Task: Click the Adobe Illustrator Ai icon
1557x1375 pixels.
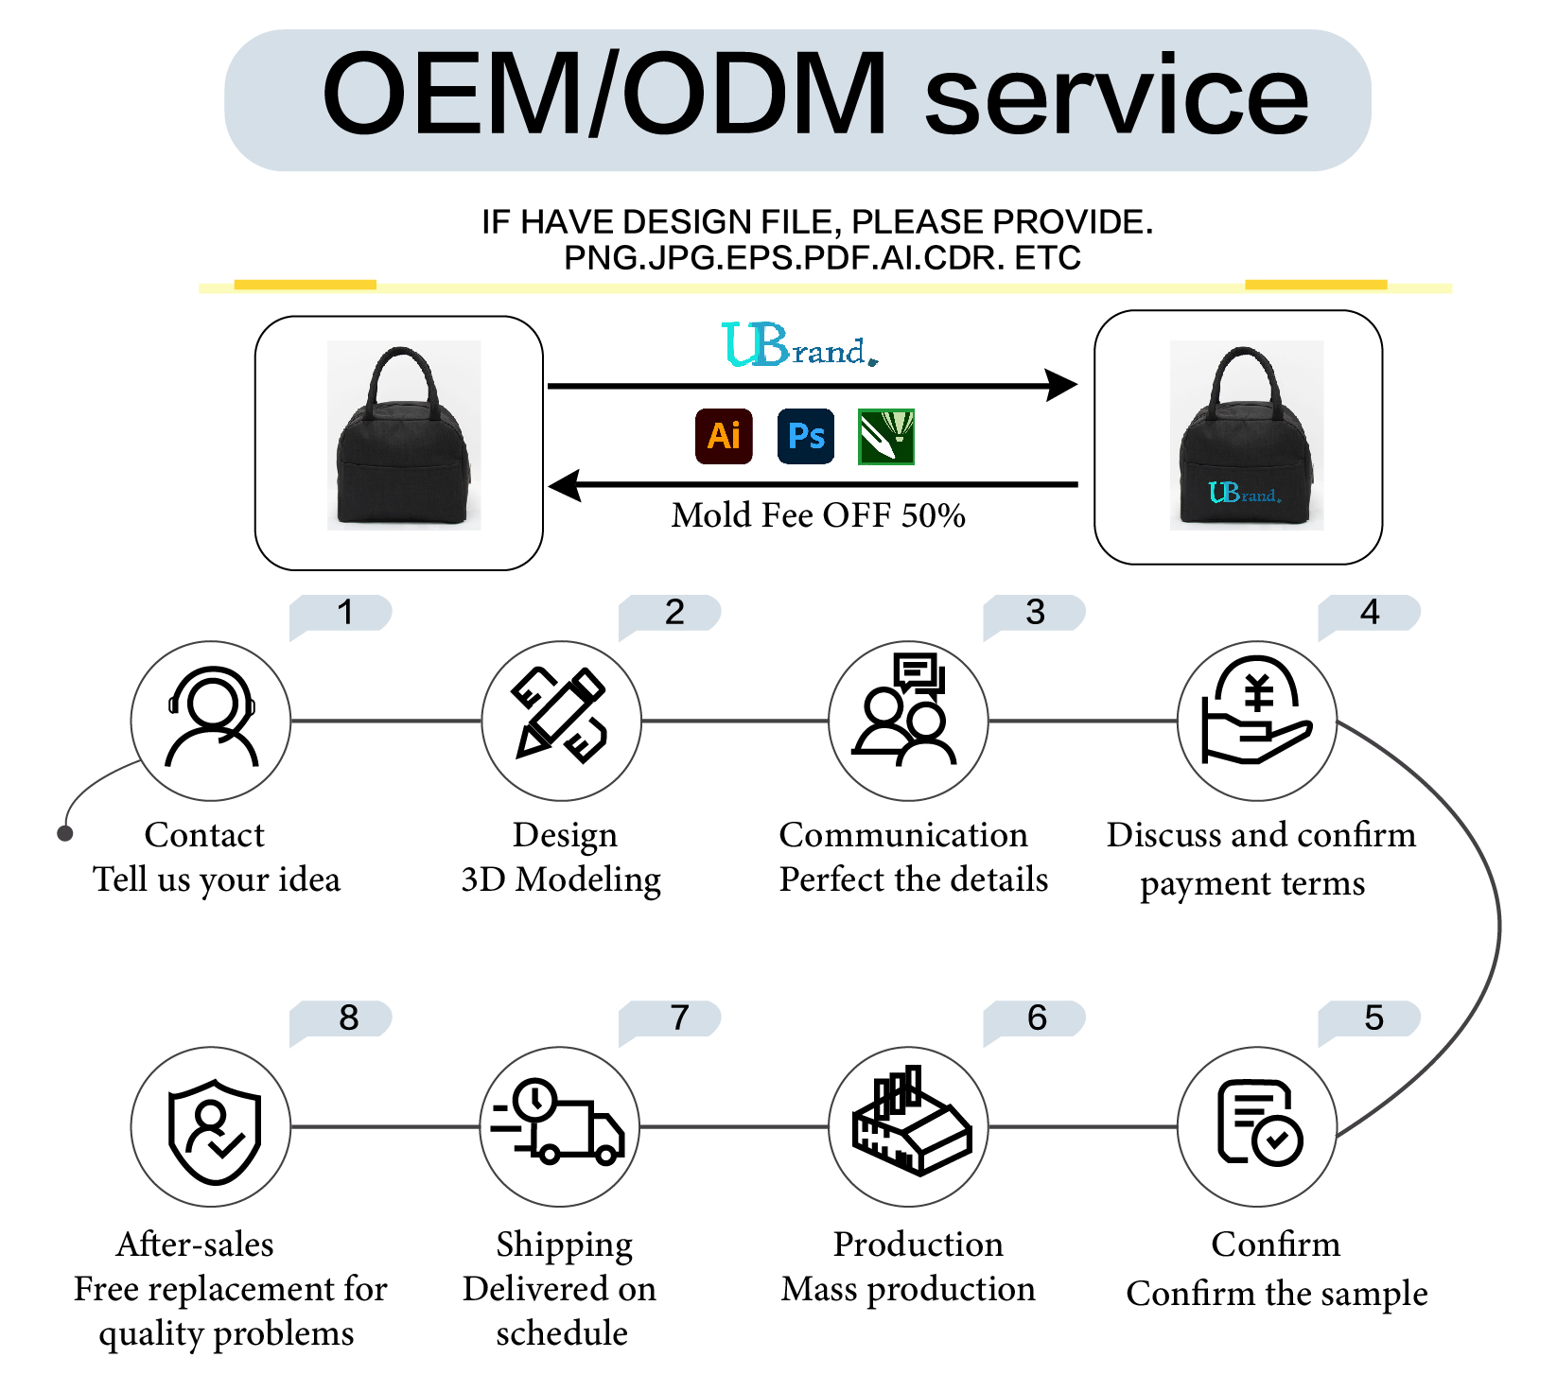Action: (x=724, y=436)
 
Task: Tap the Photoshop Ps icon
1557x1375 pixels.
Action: (x=806, y=436)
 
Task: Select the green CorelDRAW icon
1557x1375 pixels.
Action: (x=886, y=436)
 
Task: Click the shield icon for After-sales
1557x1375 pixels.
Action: (x=214, y=1131)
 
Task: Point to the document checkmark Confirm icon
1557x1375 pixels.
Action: (x=1260, y=1123)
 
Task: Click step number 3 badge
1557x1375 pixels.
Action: (x=1035, y=615)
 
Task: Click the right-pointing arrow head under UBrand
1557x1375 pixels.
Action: (x=1062, y=385)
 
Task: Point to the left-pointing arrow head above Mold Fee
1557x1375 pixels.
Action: (x=565, y=485)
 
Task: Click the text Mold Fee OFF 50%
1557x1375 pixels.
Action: (x=818, y=515)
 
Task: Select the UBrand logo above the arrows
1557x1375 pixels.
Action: (x=799, y=344)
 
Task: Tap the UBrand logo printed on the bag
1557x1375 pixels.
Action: (x=1245, y=493)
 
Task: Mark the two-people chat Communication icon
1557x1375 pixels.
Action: (x=905, y=708)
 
